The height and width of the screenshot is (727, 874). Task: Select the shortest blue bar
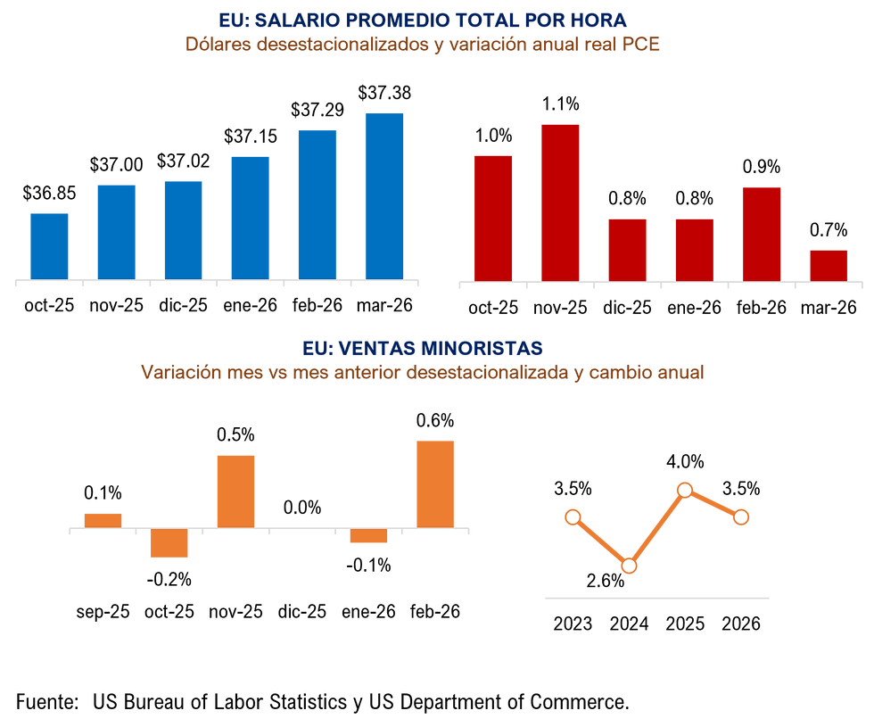(49, 245)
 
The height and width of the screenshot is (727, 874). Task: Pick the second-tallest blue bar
(317, 203)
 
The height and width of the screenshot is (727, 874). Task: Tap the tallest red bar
(560, 202)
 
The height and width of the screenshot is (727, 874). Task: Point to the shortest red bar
(829, 264)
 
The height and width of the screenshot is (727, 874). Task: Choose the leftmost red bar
(492, 217)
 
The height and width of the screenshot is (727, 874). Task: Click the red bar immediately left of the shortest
(761, 233)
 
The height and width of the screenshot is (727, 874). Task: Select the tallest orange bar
(435, 483)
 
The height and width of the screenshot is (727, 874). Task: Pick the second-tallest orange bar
(235, 490)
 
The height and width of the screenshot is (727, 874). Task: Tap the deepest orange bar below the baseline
(169, 544)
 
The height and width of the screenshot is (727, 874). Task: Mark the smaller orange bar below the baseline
(368, 537)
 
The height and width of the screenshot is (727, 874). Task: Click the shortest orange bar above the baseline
(103, 519)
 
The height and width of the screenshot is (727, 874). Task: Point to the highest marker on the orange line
(685, 489)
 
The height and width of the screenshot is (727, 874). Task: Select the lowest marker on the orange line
(629, 566)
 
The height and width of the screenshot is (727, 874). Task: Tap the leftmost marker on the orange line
(573, 516)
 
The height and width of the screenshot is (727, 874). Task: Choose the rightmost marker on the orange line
(740, 516)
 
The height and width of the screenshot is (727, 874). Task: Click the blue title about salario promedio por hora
(423, 20)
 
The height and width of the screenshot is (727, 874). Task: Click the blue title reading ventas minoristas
(423, 348)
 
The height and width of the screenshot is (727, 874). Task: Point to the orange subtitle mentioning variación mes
(423, 373)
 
